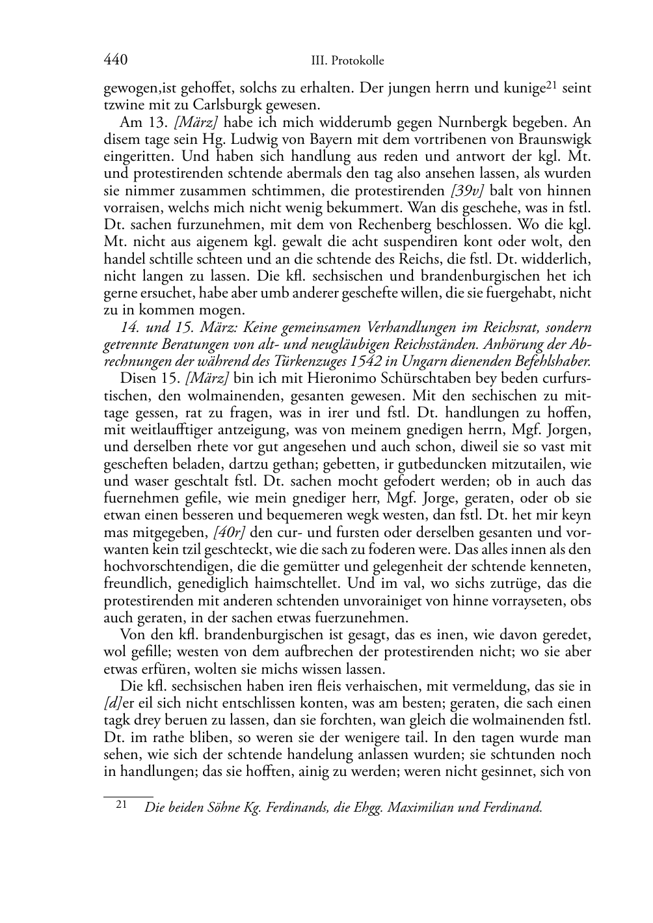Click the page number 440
tap(115, 61)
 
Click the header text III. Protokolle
tap(348, 61)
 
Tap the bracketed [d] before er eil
tap(111, 704)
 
